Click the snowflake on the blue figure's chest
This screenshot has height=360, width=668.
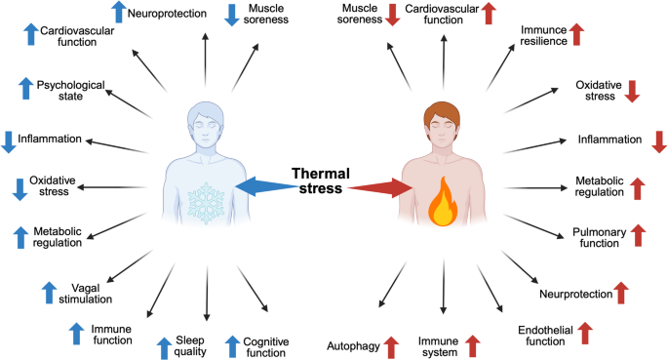pos(206,203)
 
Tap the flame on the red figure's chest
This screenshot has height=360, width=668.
pos(443,201)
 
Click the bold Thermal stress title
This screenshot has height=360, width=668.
pos(321,180)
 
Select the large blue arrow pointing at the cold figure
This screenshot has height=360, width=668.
pos(266,186)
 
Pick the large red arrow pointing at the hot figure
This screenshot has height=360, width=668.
pos(380,188)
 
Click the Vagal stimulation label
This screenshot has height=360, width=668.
pos(85,294)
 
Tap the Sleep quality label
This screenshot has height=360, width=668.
pos(190,345)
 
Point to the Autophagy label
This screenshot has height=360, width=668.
pos(353,346)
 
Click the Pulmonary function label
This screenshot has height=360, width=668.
pos(599,237)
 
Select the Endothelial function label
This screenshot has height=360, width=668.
pos(545,336)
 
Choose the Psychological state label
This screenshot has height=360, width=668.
pos(71,91)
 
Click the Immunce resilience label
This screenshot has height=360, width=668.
pos(543,35)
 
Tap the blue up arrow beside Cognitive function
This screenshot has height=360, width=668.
pos(233,346)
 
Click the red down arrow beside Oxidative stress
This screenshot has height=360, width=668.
pos(632,91)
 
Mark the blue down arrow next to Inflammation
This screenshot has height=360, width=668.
pos(9,141)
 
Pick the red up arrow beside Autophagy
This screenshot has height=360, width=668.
pos(391,346)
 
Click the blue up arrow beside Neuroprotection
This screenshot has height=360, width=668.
pos(119,12)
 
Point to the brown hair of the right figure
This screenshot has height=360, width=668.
pos(442,113)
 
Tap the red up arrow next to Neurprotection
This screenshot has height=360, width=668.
pos(621,293)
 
